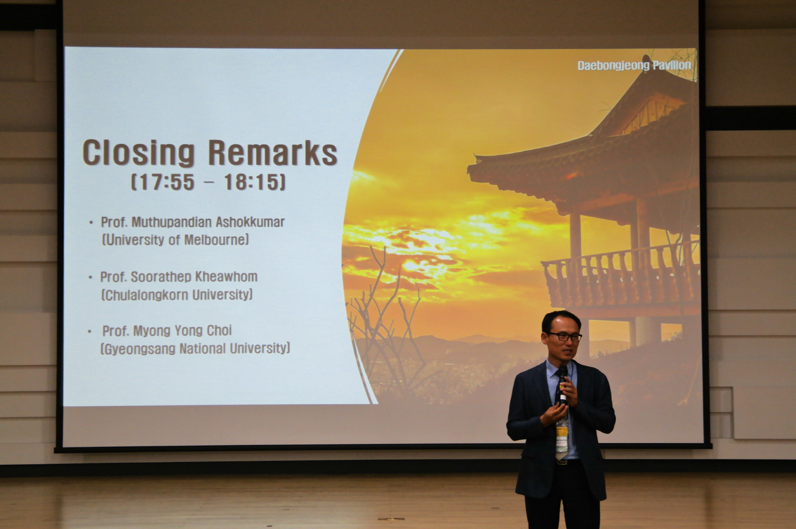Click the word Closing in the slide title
pos(139,153)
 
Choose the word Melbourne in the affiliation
pos(215,240)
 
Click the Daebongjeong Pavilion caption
pos(634,66)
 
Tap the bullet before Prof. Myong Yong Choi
pos(89,332)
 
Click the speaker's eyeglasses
pos(563,337)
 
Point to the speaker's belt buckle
pos(561,462)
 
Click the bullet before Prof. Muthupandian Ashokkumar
pos(91,223)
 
